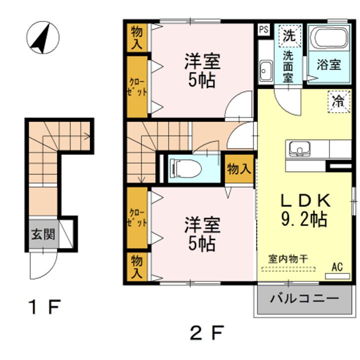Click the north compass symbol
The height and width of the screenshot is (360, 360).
pos(43,37)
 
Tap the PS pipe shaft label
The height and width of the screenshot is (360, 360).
pos(264,29)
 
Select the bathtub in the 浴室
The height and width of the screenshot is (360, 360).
pos(329,38)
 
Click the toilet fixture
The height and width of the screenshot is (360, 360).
pos(185,169)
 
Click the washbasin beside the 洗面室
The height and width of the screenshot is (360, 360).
pos(266,70)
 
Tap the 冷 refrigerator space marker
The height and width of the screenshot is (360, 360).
pos(339,101)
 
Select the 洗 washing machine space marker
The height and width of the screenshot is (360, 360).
pos(289,36)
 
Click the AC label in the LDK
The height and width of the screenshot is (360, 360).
pos(337,267)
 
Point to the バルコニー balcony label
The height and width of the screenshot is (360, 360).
pos(304,298)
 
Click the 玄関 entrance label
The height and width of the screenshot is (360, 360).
pos(43,234)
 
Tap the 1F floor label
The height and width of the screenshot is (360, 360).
pos(44,307)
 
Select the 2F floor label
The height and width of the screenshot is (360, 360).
pos(206,332)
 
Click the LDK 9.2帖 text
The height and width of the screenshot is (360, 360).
pos(305,210)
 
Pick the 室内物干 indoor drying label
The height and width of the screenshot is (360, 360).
pos(288,259)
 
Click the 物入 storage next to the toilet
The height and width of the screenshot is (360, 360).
pos(239,169)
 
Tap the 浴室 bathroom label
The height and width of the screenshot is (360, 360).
pos(329,64)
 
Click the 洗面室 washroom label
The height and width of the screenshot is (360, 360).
pos(288,66)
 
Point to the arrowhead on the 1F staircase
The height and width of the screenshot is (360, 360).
pos(88,136)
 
